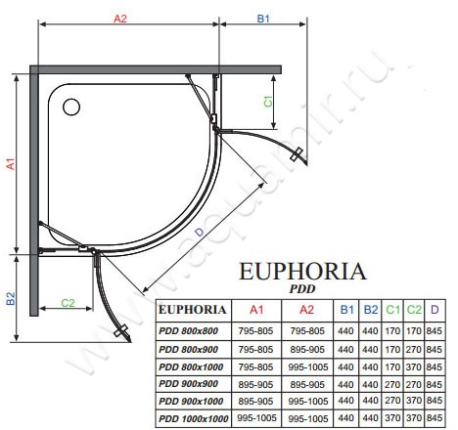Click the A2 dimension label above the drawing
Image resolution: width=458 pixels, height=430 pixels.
coord(120,19)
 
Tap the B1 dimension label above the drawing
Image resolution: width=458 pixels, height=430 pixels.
coord(263,19)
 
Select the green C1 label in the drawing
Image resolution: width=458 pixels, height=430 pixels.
coord(268,102)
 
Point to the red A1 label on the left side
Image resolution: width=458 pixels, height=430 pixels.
coord(11,164)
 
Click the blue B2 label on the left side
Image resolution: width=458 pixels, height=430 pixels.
coord(11,298)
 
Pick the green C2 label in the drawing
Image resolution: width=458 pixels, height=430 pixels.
coord(68,303)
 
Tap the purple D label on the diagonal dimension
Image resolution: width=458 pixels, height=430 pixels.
coord(199,233)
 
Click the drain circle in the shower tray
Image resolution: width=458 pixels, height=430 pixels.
coord(71,107)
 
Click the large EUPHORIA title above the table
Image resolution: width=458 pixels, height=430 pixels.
coord(302,272)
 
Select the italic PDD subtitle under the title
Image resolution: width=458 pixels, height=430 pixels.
coord(302,288)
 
